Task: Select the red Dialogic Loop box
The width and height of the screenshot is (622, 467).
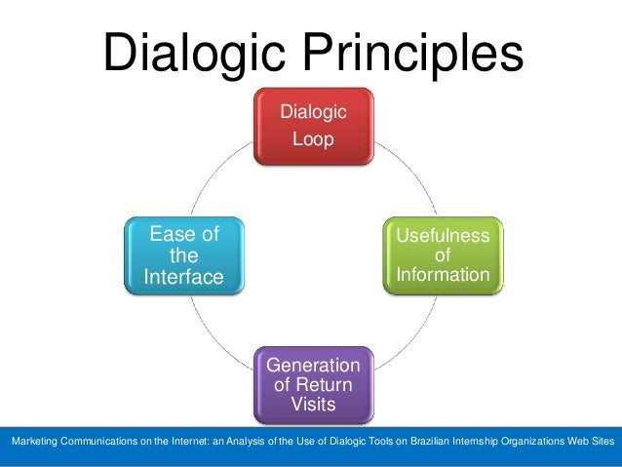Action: pos(313,126)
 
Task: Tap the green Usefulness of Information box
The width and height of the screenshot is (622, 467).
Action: pos(443,255)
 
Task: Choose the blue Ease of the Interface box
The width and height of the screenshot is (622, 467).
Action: pos(184,255)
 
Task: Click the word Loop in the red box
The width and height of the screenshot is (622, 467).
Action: pos(313,139)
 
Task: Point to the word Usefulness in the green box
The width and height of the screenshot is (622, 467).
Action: pos(443,236)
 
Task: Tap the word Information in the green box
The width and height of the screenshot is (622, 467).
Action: pos(443,275)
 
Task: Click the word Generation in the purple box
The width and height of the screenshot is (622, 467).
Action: pos(313,366)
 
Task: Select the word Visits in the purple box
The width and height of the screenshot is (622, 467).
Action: pos(313,403)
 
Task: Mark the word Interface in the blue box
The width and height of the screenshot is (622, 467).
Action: pos(184,277)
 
